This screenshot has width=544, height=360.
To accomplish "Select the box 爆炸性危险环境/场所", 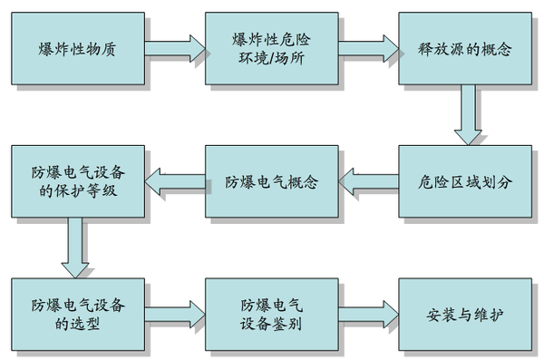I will tap(271, 46).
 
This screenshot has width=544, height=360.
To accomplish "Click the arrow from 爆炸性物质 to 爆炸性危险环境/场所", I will tap(174, 44).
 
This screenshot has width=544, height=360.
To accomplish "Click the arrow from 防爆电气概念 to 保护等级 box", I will tap(174, 182).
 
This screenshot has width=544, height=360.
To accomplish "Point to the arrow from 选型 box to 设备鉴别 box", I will tap(174, 314).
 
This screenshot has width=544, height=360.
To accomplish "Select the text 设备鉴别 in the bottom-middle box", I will tap(271, 324).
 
